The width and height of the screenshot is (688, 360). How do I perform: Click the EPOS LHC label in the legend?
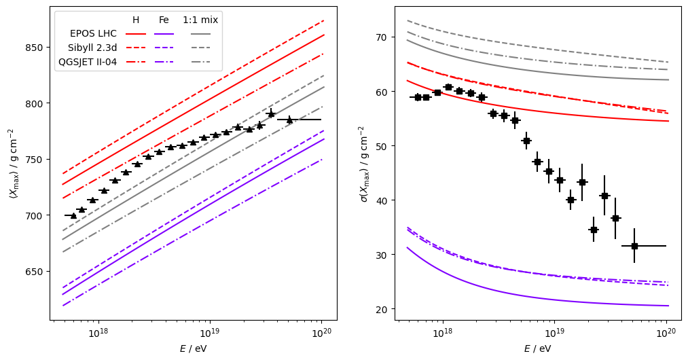(x=93, y=33)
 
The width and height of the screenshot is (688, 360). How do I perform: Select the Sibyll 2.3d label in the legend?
(x=92, y=48)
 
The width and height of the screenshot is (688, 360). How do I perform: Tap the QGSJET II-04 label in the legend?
(x=88, y=62)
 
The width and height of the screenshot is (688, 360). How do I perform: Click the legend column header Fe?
(x=164, y=20)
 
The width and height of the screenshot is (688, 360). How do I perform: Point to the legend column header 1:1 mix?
(x=200, y=20)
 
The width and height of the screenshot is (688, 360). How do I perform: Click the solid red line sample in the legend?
(x=136, y=33)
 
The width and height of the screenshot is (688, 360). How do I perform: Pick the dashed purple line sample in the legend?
(x=164, y=48)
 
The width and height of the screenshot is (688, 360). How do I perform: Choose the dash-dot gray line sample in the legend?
(x=200, y=62)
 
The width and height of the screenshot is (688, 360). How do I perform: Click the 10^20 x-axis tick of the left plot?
(x=321, y=332)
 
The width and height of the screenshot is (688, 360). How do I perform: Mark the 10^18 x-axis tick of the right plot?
(x=442, y=332)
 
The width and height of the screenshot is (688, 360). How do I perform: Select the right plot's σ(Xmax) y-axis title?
(x=364, y=163)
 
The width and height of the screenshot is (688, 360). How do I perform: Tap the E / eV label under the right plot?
(x=537, y=348)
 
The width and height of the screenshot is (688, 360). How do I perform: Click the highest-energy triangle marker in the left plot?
(x=289, y=120)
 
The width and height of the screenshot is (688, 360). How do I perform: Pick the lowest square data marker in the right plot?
(x=634, y=246)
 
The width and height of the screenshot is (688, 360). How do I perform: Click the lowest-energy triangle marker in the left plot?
(x=73, y=215)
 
